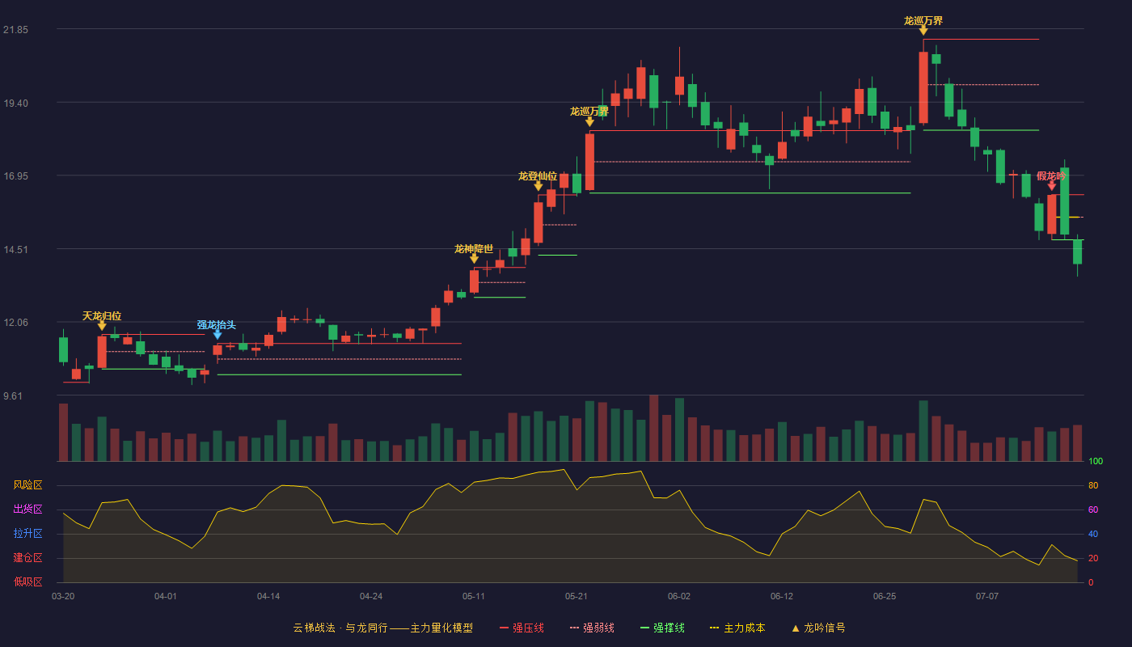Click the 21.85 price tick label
point(15,30)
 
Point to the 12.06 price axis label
point(15,323)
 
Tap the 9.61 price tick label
point(13,395)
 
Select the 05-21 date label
point(576,597)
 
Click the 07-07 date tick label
point(987,597)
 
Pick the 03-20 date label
point(63,597)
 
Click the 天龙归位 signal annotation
point(102,316)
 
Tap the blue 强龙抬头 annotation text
point(217,324)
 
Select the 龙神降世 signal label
point(474,249)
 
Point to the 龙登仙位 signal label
point(538,176)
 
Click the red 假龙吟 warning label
point(1051,176)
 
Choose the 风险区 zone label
point(27,484)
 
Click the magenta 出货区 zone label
point(27,509)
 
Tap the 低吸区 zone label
point(27,581)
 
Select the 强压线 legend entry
point(522,628)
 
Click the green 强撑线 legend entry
point(662,628)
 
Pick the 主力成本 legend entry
point(737,628)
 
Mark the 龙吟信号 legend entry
point(818,628)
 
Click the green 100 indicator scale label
point(1096,461)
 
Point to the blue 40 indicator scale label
point(1093,534)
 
